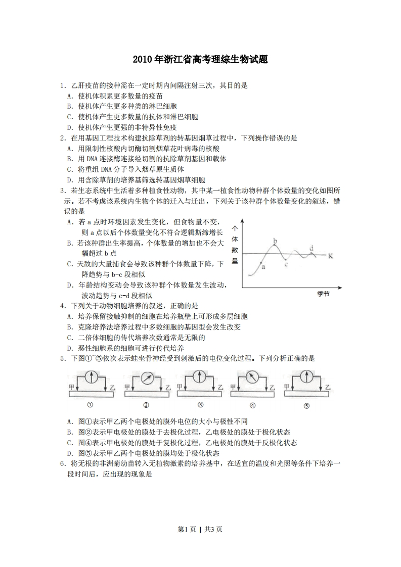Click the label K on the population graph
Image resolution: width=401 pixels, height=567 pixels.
pyautogui.click(x=330, y=255)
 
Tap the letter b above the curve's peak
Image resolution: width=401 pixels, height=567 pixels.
pyautogui.click(x=275, y=241)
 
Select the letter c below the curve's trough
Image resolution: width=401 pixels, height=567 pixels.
pyautogui.click(x=286, y=263)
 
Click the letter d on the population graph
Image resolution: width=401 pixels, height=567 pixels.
pyautogui.click(x=311, y=248)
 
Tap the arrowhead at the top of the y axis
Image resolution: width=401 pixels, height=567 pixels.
pyautogui.click(x=243, y=221)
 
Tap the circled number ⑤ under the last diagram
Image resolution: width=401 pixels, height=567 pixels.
pyautogui.click(x=306, y=405)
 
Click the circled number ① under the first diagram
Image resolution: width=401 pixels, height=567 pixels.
pyautogui.click(x=90, y=404)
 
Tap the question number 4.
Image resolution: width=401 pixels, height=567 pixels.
pyautogui.click(x=62, y=306)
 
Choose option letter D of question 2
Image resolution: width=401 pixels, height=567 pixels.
pyautogui.click(x=69, y=180)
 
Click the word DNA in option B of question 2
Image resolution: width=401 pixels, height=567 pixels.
pyautogui.click(x=93, y=159)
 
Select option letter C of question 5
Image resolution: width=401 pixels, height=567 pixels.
pyautogui.click(x=69, y=443)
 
